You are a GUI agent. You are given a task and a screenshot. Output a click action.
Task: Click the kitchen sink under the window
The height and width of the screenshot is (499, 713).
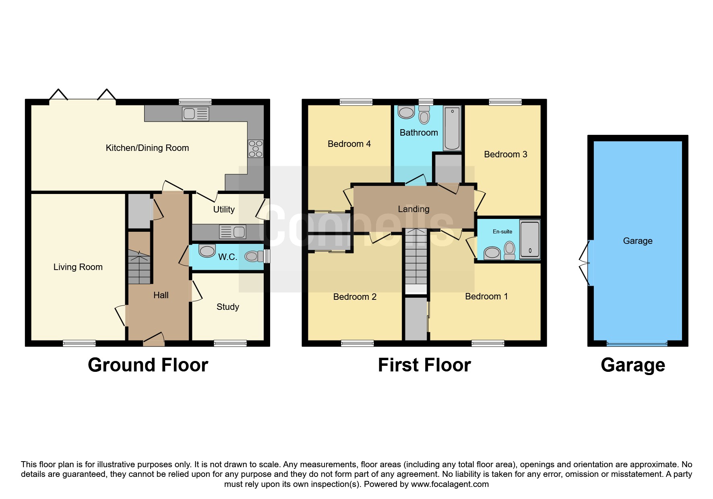(196, 114)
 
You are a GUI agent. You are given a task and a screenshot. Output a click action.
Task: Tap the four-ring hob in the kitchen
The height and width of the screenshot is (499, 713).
(256, 148)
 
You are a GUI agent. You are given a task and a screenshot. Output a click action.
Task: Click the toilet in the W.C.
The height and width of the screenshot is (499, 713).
(254, 256)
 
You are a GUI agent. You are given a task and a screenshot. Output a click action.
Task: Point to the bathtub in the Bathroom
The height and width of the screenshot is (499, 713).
(453, 128)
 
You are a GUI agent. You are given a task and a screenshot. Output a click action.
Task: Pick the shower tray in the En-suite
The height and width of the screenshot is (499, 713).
(530, 239)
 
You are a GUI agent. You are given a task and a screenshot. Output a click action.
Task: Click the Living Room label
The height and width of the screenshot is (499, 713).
(78, 267)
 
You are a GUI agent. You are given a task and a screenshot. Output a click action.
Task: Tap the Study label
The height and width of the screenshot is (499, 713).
(228, 307)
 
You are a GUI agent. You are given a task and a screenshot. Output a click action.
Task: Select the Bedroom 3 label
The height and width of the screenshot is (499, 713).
(506, 155)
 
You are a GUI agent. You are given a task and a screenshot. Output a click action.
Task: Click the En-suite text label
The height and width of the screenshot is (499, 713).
(502, 232)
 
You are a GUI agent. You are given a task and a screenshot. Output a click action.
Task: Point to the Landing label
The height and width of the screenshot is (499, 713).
(413, 209)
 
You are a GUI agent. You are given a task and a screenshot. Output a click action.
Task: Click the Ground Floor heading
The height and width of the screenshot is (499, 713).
(148, 365)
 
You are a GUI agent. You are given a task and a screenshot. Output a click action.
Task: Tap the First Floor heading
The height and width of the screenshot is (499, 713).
(424, 365)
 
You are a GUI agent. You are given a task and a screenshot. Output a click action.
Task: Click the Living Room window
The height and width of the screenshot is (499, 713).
(79, 343)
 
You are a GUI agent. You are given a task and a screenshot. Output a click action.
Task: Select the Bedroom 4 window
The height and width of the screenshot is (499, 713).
(356, 102)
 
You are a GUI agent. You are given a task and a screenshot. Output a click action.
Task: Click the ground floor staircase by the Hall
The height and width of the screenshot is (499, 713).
(139, 266)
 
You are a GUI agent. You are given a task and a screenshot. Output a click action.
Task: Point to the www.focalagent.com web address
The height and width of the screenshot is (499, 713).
(450, 484)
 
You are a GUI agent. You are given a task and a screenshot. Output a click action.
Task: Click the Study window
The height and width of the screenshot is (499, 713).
(230, 343)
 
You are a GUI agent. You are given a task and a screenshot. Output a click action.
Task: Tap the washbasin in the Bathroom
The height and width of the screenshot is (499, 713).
(406, 112)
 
